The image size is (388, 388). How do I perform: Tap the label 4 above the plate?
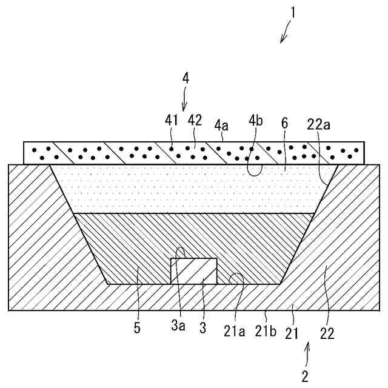click(186, 78)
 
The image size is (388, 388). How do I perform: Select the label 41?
click(172, 120)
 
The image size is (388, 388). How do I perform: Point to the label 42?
click(195, 120)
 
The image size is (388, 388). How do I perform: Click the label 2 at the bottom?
click(305, 376)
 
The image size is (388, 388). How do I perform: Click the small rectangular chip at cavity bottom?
click(194, 270)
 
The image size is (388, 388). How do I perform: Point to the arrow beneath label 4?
click(186, 100)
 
